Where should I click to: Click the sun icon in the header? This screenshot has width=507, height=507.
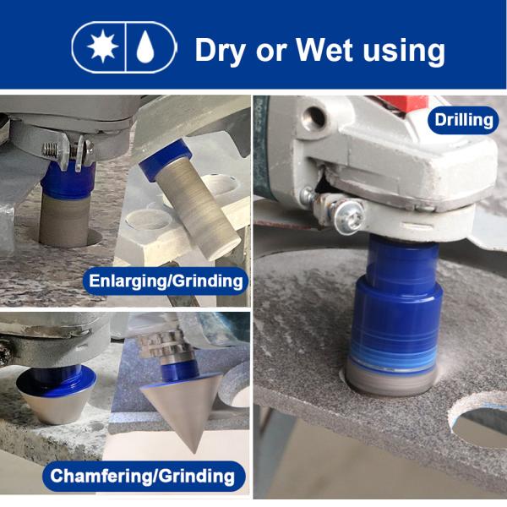click(102, 46)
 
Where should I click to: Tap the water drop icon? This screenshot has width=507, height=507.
click(145, 46)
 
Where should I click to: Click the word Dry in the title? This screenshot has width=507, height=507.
click(220, 51)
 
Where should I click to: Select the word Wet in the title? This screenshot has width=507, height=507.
click(324, 49)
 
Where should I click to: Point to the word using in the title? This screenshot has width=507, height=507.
click(404, 52)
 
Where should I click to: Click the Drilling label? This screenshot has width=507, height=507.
click(463, 120)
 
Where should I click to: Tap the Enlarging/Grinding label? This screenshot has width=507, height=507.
click(166, 281)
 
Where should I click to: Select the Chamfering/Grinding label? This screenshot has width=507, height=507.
click(144, 476)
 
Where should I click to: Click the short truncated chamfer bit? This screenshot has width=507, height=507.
click(57, 395)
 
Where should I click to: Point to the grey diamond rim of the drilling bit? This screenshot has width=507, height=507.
click(391, 379)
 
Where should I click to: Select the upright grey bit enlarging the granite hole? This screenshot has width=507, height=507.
click(64, 219)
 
